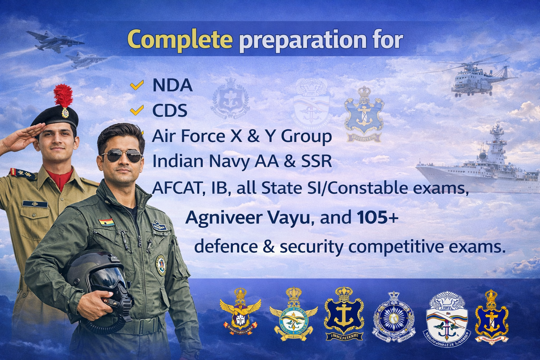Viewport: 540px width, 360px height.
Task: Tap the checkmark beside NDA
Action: (x=137, y=85)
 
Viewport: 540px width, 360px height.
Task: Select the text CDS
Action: (x=169, y=111)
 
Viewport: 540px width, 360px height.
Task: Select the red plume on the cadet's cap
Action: (x=63, y=95)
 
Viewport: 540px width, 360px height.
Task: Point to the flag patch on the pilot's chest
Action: (x=107, y=223)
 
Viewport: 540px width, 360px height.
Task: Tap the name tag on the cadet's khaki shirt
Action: (x=35, y=204)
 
